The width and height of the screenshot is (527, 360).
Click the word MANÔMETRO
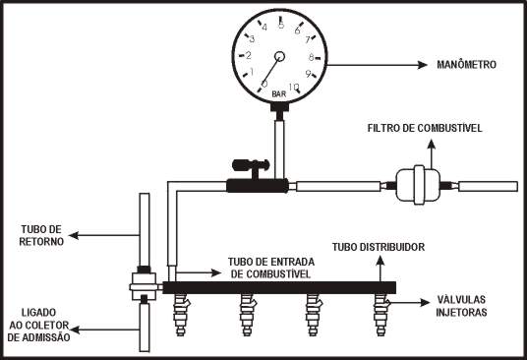(x=466, y=65)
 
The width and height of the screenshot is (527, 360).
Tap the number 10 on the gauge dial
(x=293, y=88)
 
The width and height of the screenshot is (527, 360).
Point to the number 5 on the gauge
(x=281, y=25)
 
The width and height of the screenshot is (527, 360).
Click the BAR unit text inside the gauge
(x=279, y=94)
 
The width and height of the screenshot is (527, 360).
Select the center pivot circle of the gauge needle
(x=279, y=56)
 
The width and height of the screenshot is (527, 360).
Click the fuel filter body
(x=419, y=185)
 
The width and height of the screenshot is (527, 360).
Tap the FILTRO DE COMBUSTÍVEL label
(x=425, y=128)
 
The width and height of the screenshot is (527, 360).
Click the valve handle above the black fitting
(x=251, y=165)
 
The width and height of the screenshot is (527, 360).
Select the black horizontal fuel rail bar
(x=279, y=287)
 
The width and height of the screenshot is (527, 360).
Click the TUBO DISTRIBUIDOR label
(x=379, y=247)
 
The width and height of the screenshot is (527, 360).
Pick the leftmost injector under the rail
(x=181, y=315)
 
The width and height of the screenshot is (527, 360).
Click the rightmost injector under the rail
(x=381, y=315)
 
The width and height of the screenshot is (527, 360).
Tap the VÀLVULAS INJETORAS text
(x=461, y=306)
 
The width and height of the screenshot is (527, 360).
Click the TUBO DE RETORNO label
(x=41, y=235)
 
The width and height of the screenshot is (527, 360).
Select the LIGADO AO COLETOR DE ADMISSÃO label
(x=38, y=325)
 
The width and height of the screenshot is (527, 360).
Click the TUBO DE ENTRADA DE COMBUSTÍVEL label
(x=271, y=268)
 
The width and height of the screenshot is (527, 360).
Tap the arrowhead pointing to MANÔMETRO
(x=422, y=65)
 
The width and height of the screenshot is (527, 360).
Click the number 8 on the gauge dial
(x=312, y=57)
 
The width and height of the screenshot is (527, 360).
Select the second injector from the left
(x=248, y=315)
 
